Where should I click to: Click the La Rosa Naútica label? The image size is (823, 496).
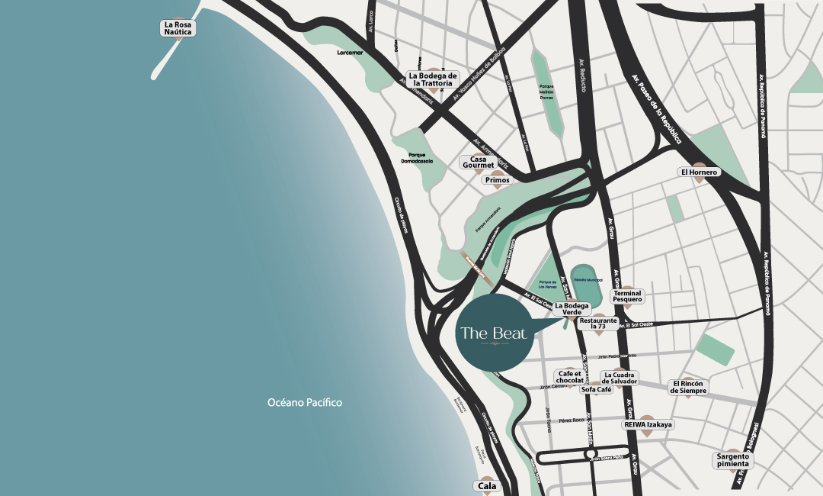pyautogui.click(x=179, y=28)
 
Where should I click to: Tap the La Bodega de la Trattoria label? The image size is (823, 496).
pyautogui.click(x=433, y=79)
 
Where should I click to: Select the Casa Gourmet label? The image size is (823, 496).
pyautogui.click(x=478, y=163)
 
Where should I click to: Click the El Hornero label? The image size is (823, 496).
pyautogui.click(x=699, y=172)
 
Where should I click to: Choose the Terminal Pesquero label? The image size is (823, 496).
pyautogui.click(x=628, y=297)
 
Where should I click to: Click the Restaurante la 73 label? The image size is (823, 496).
pyautogui.click(x=597, y=324)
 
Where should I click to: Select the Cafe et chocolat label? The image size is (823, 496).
pyautogui.click(x=570, y=377)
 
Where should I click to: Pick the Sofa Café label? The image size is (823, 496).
pyautogui.click(x=597, y=389)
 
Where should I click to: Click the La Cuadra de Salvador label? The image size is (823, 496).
pyautogui.click(x=620, y=378)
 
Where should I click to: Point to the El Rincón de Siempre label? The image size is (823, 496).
pyautogui.click(x=689, y=387)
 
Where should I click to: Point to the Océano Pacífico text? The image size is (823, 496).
pyautogui.click(x=305, y=402)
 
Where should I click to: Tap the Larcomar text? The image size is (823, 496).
pyautogui.click(x=352, y=53)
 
